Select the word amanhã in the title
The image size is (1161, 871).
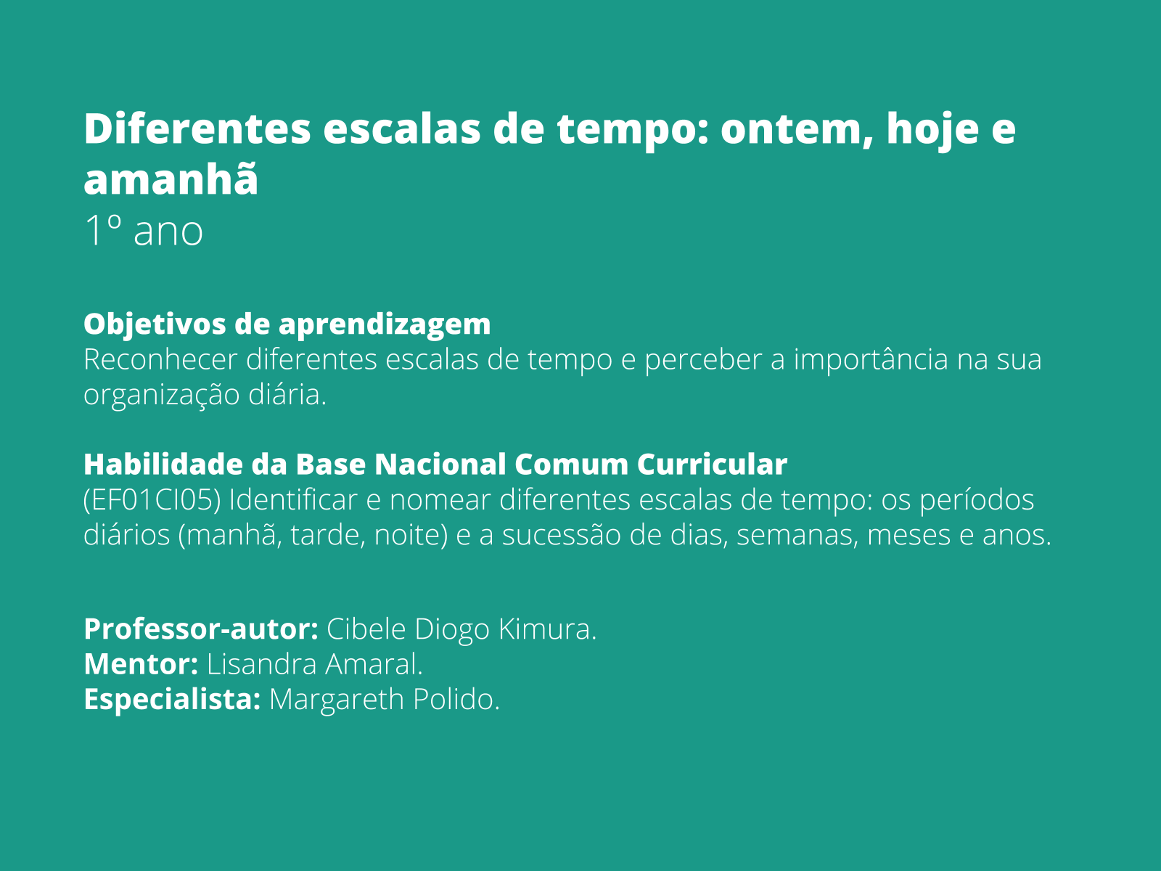[x=171, y=180]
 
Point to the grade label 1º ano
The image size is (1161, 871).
[x=144, y=232]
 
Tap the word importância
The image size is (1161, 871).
[x=870, y=360]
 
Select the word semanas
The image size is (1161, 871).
[x=797, y=536]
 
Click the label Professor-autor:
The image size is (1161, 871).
[x=201, y=629]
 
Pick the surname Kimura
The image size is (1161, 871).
[x=548, y=629]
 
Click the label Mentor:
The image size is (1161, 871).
[x=141, y=665]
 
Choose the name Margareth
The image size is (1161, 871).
[x=337, y=700]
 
